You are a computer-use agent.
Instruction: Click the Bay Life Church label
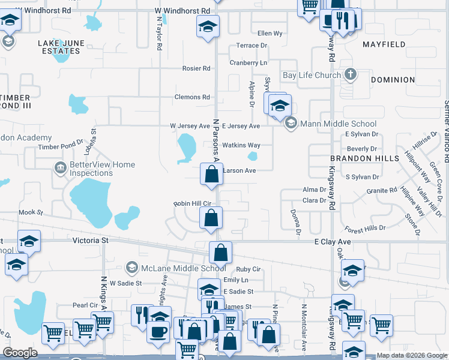[312, 76]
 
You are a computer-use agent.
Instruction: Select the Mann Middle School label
[330, 124]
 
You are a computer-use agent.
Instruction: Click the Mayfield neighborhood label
[384, 44]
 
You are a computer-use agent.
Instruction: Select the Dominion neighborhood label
[393, 80]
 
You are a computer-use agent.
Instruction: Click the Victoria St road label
[90, 240]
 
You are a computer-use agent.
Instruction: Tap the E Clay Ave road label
[333, 241]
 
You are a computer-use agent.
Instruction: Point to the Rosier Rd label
[196, 68]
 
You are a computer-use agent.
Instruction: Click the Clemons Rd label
[192, 97]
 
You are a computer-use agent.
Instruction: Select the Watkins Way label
[241, 145]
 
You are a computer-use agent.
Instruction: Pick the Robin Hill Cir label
[193, 204]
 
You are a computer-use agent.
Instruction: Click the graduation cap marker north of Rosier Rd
[208, 27]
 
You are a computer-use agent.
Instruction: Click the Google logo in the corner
[20, 353]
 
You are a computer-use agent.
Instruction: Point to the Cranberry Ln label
[249, 62]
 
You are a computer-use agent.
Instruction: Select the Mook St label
[31, 212]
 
